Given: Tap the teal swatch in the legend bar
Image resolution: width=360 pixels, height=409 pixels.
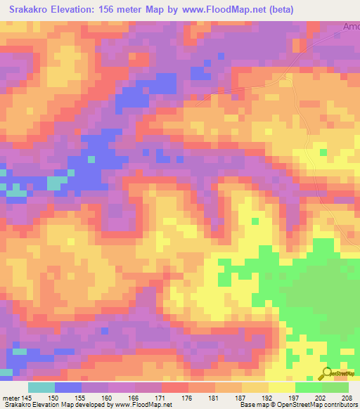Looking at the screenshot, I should point(41,387).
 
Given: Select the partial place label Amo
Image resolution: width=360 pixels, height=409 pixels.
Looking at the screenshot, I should point(351,27).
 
